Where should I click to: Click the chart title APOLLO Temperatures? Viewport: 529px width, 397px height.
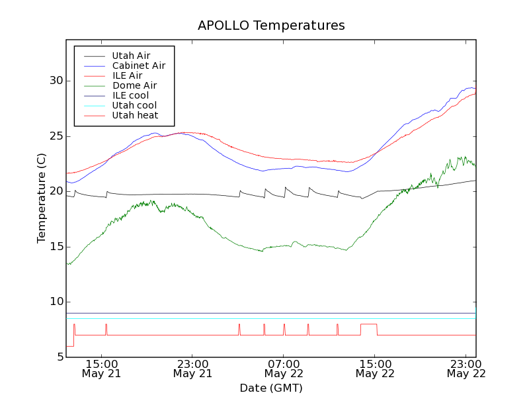click(x=271, y=26)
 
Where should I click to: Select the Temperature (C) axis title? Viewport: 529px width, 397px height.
click(x=42, y=198)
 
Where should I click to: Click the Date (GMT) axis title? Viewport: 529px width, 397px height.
click(x=271, y=388)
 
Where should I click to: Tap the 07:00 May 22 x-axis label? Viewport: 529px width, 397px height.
click(x=284, y=369)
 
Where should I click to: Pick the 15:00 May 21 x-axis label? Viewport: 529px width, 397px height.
click(x=101, y=369)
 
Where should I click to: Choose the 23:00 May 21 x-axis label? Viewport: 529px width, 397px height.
click(x=192, y=369)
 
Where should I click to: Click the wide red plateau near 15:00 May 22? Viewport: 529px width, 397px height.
click(x=368, y=324)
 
